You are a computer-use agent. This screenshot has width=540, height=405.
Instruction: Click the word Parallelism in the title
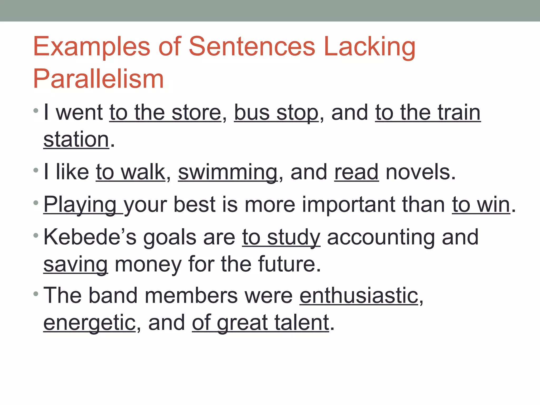[x=98, y=79]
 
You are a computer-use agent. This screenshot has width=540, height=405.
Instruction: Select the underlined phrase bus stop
[x=276, y=113]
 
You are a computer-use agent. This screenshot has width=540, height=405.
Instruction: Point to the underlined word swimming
[x=228, y=172]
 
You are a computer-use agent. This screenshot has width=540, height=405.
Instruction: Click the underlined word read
[x=356, y=172]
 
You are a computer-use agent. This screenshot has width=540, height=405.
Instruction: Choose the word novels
[x=420, y=172]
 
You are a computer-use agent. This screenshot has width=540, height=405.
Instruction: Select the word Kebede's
[x=90, y=237]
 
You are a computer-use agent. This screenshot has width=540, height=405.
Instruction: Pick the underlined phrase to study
[x=281, y=237]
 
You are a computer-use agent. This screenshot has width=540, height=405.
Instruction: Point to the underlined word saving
[x=76, y=264]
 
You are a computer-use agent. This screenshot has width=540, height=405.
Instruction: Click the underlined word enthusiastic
[x=359, y=296]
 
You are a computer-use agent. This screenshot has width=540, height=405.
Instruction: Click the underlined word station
[x=76, y=139]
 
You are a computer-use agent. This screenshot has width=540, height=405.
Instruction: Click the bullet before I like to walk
[x=36, y=170]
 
